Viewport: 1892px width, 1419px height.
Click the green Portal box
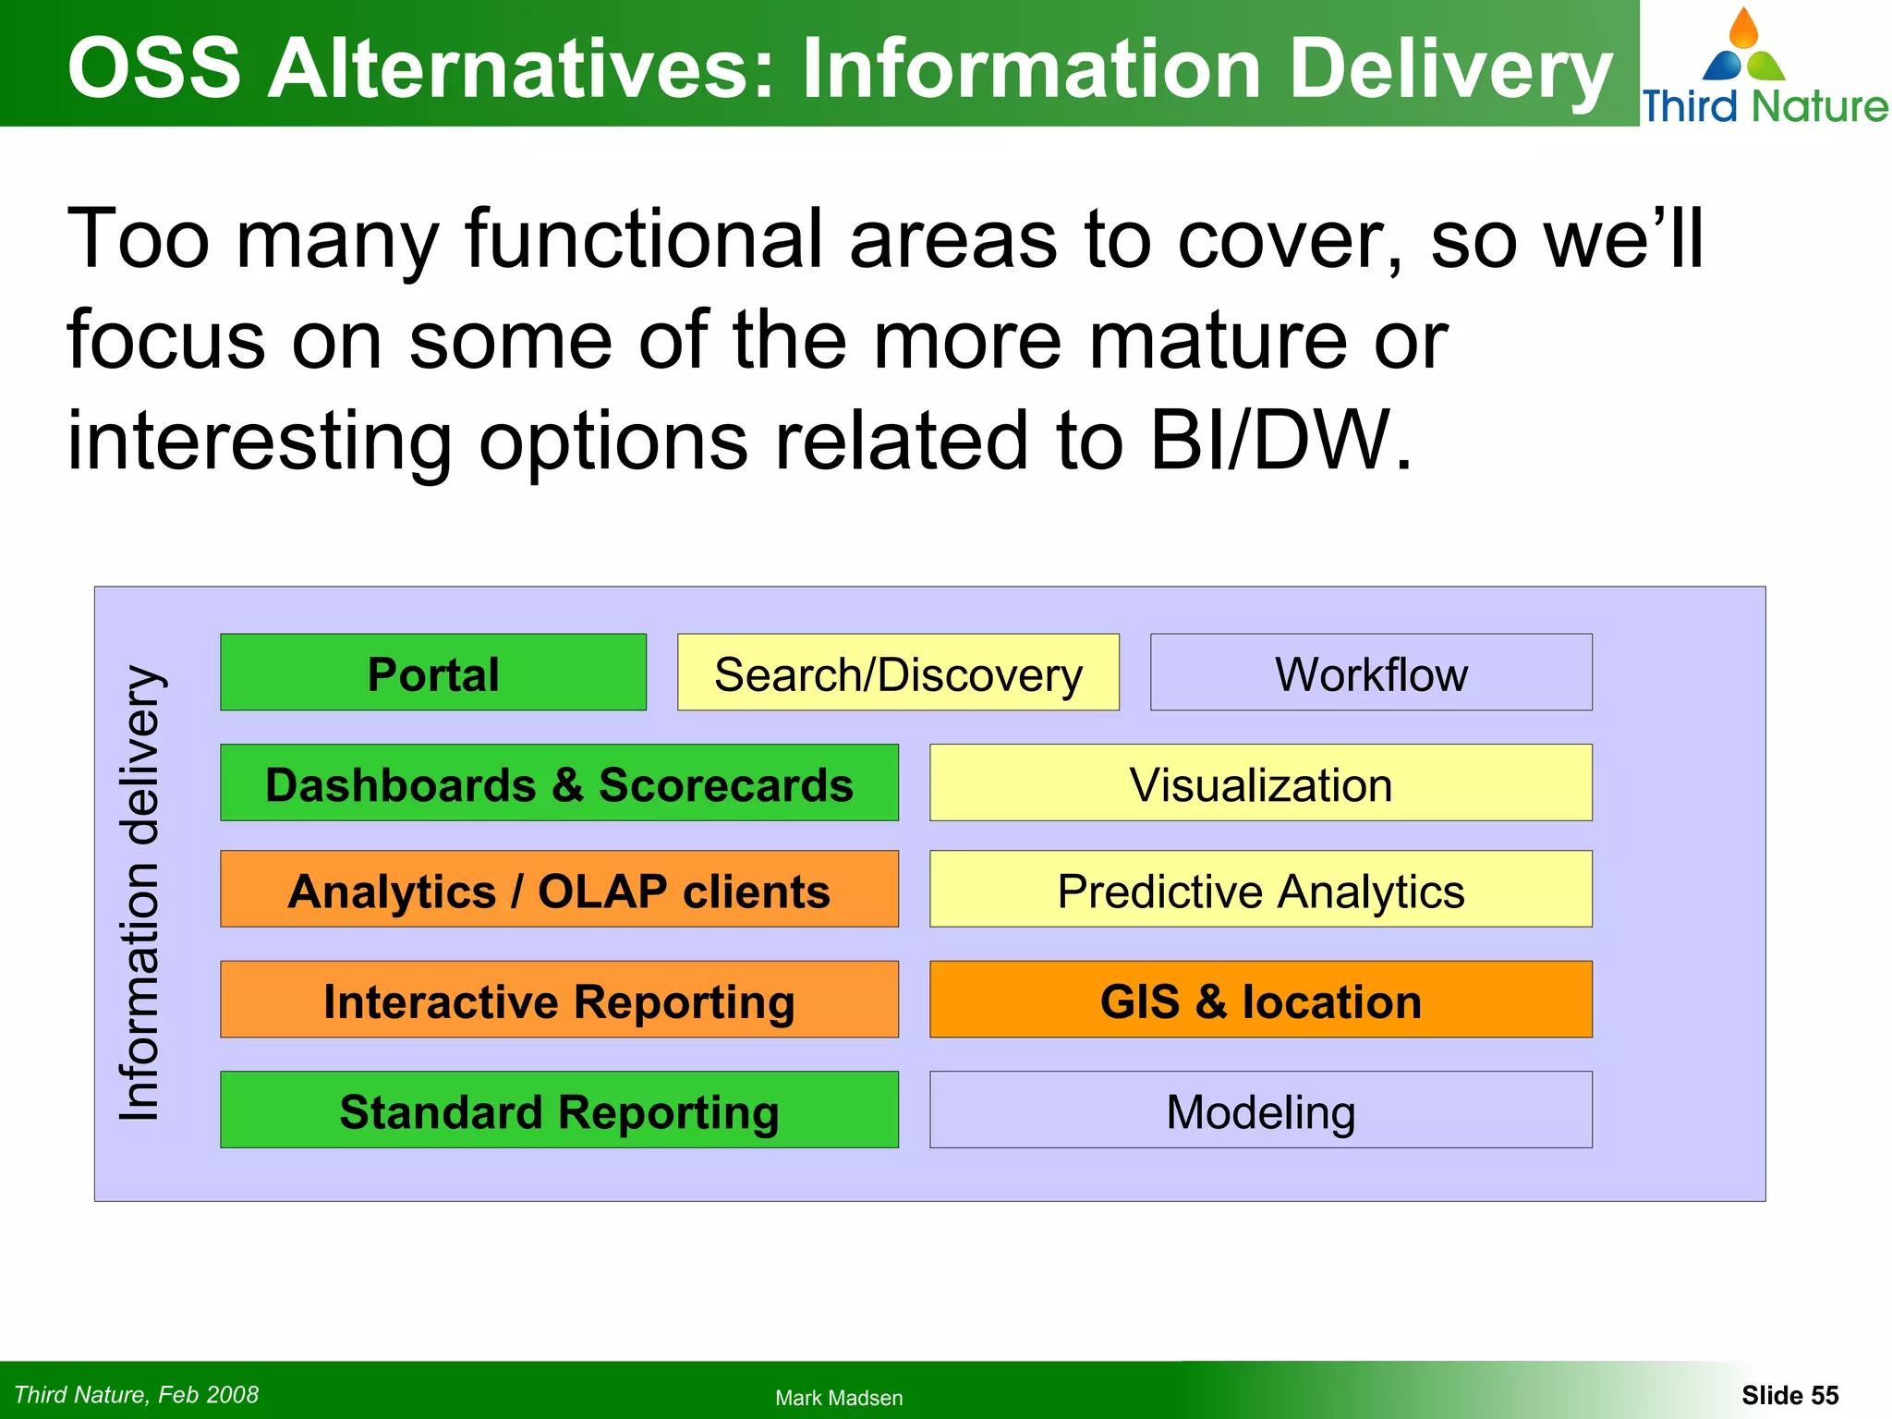432,673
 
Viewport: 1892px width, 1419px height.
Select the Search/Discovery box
898,673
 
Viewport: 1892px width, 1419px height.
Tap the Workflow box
1371,673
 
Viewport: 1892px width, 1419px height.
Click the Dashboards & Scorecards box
559,783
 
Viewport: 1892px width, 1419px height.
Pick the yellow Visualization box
1260,783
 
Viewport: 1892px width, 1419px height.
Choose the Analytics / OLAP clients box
559,890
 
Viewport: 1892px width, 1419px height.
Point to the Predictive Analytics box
1260,890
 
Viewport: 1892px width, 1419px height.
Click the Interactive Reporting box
559,1000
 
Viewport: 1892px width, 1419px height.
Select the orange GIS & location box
1260,1000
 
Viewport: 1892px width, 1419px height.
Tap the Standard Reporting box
559,1110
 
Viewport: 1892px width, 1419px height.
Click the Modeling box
1260,1110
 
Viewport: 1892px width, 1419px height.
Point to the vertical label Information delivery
140,892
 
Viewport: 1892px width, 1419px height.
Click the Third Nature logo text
1765,105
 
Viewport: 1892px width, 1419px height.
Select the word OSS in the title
154,68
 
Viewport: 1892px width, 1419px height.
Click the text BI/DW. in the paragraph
1280,440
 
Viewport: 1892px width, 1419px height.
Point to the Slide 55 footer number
1789,1395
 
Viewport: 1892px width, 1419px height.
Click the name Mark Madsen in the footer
839,1398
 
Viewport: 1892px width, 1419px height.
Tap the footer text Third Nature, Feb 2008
137,1394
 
